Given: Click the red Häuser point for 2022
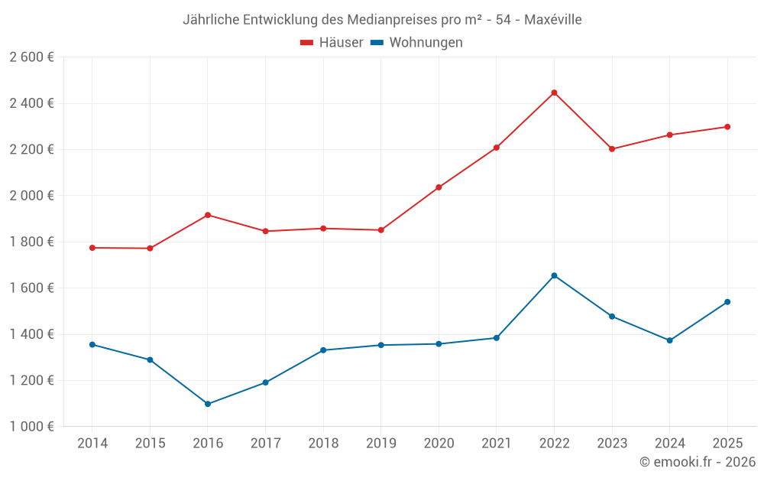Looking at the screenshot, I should (554, 93).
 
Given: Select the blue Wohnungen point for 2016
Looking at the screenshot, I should (208, 404).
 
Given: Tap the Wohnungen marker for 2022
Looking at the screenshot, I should (554, 275).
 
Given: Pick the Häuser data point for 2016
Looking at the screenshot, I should (208, 215).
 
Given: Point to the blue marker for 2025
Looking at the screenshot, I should (727, 302).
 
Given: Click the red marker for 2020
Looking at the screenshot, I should (439, 187).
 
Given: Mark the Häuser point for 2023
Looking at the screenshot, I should (612, 149).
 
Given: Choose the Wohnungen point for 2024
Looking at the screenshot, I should (669, 340).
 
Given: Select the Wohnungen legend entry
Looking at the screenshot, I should (417, 43).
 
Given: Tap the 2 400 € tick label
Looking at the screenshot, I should (31, 103).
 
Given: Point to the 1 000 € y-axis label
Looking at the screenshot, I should (31, 427).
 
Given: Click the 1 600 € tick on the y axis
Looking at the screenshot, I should (31, 288).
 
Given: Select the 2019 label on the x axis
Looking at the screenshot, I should (380, 444).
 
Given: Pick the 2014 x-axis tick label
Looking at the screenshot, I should (92, 444).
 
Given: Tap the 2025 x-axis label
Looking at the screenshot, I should (727, 444).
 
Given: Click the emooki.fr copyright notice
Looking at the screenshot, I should (697, 462).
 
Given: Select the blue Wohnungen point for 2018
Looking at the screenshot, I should (323, 350).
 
